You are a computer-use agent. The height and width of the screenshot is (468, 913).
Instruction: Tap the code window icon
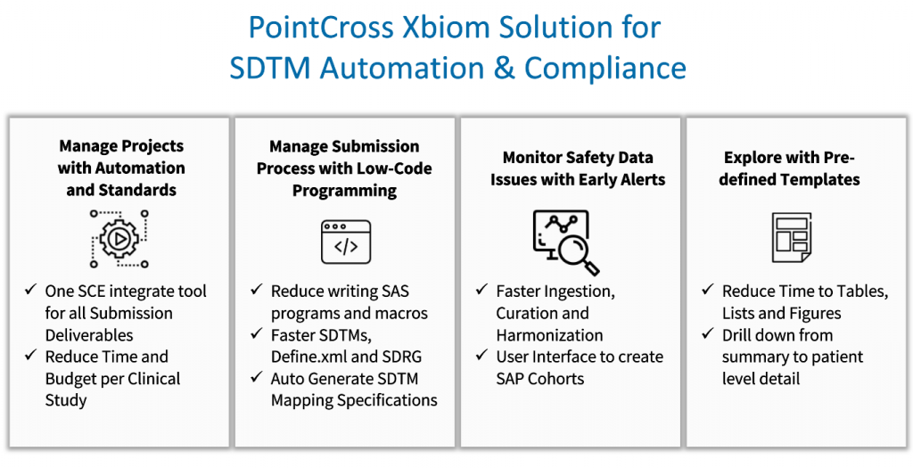click(346, 242)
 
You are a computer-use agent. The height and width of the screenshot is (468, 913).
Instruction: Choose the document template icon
click(791, 238)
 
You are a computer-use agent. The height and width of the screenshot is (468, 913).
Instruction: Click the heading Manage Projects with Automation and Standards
click(121, 168)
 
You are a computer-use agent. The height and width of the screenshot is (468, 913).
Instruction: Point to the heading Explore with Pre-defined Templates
click(791, 168)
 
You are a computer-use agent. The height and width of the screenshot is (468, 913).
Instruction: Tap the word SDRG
click(404, 357)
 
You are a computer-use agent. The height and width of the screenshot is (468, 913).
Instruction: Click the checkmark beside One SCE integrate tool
click(29, 291)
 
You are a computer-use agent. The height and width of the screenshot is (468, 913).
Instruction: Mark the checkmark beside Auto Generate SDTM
click(256, 378)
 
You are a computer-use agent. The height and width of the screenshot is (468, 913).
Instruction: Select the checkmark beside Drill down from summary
click(707, 335)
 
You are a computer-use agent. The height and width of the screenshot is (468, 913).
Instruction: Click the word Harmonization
click(549, 335)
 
